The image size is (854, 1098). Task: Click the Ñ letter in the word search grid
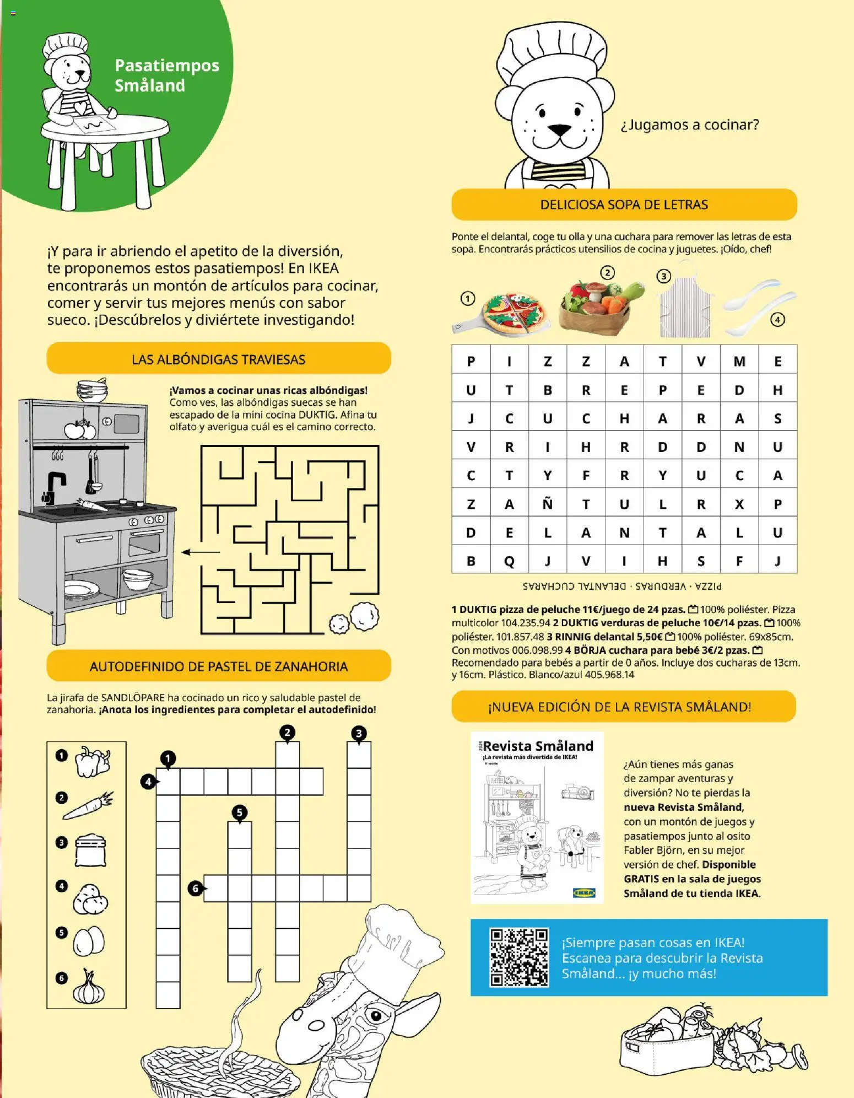tap(547, 504)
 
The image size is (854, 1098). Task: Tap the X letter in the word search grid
tap(739, 504)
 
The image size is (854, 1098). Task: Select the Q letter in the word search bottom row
tap(509, 561)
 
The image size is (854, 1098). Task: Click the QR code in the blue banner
tap(518, 957)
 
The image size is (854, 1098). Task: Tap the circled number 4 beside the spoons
tap(777, 319)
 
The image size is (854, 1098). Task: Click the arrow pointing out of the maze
tap(201, 552)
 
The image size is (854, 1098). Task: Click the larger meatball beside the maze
tap(365, 616)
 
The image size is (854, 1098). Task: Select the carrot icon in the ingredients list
tap(88, 805)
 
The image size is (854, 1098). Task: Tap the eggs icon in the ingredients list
tap(89, 941)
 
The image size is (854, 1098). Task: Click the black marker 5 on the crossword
tap(239, 812)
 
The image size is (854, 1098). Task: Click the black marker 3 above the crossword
tap(359, 734)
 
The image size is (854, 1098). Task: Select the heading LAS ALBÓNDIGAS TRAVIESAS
tap(218, 359)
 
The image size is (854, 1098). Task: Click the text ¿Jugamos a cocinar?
tap(689, 125)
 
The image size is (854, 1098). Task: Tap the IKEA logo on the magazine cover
tap(584, 892)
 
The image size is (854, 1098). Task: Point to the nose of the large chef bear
tap(560, 131)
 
